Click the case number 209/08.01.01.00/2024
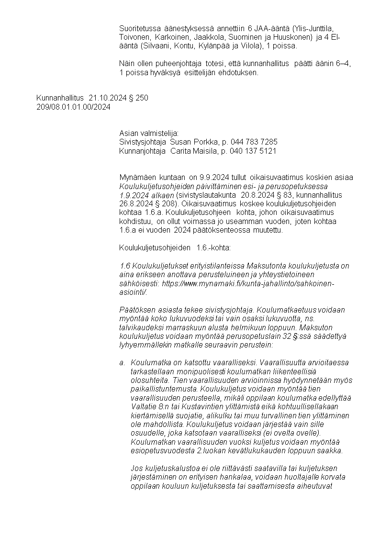click(73, 107)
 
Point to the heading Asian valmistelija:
click(148, 133)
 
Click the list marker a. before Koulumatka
click(122, 363)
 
